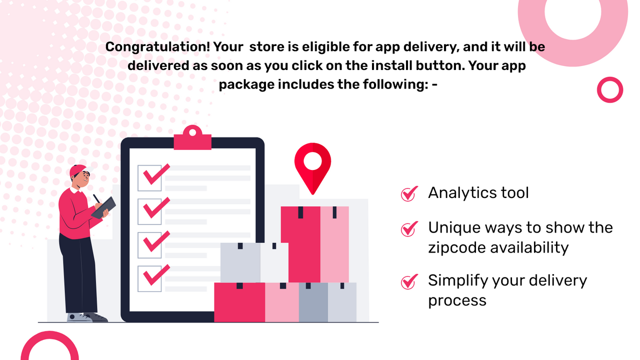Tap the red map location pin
[312, 162]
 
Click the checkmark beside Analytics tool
[409, 193]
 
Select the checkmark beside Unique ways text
[409, 228]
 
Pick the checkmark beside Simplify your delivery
[409, 281]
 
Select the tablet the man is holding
[104, 206]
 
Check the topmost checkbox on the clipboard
[150, 177]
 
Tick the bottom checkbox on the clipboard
[150, 278]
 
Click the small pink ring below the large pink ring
[610, 90]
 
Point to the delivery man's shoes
[87, 317]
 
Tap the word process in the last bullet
[457, 300]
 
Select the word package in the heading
[246, 84]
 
